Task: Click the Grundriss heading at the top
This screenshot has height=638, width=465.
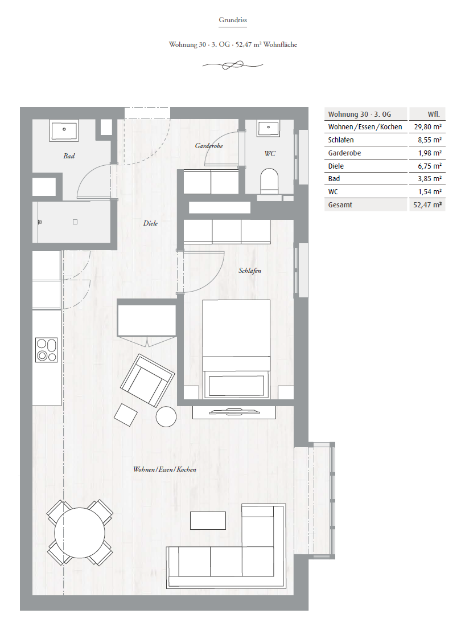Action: click(x=232, y=20)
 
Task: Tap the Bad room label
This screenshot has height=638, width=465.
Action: click(x=69, y=156)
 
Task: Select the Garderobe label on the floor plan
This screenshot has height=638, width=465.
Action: click(x=209, y=146)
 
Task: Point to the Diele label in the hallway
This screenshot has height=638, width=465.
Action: click(x=150, y=223)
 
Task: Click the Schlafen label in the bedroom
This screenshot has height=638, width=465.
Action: click(x=250, y=271)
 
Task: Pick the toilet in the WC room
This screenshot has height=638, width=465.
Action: click(x=269, y=181)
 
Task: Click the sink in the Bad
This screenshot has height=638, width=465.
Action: click(x=64, y=130)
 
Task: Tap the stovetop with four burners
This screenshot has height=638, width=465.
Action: click(x=47, y=350)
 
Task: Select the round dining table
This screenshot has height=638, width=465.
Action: click(x=80, y=533)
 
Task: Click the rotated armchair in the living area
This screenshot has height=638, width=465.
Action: click(x=147, y=381)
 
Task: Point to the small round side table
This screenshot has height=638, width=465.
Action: click(x=166, y=416)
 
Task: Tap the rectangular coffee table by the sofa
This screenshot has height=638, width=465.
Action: click(x=208, y=521)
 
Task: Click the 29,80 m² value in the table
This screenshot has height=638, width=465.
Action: click(x=427, y=126)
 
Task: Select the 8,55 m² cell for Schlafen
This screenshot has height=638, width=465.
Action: click(x=430, y=140)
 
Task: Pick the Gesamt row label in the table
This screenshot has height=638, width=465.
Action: click(x=340, y=205)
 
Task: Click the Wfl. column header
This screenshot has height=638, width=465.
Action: click(x=434, y=114)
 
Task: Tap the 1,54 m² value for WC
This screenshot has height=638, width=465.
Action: click(x=430, y=191)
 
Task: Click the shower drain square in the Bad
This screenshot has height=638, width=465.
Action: click(x=75, y=222)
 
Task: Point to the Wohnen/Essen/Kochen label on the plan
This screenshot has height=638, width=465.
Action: click(x=164, y=469)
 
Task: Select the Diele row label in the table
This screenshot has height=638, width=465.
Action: click(x=336, y=166)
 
